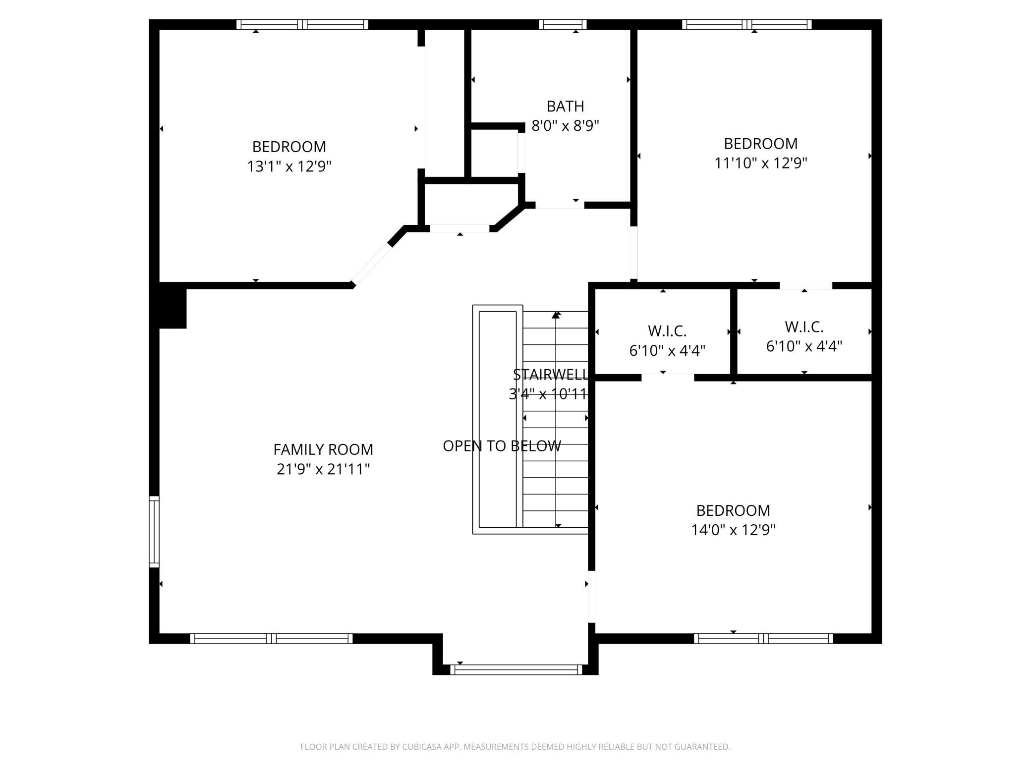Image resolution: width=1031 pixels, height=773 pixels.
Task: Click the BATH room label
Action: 565,106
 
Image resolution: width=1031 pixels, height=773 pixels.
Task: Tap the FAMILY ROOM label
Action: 323,449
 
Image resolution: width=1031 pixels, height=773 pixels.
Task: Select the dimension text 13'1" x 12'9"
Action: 289,166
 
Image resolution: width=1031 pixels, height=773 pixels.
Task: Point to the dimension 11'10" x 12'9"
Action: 761,163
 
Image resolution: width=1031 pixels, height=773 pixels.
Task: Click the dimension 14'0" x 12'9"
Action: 733,530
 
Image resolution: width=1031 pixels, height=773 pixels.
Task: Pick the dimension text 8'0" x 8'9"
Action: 565,125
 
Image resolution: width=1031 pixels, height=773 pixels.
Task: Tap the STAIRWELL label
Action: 550,374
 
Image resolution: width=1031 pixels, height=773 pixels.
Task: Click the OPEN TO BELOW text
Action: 502,446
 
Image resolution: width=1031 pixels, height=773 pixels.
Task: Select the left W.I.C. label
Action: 667,331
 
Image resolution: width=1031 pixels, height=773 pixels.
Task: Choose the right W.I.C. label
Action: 804,327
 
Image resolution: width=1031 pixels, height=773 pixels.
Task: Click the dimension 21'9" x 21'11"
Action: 323,469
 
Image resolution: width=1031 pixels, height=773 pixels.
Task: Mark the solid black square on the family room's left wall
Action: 172,308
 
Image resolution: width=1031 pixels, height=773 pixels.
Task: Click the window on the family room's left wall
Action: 154,532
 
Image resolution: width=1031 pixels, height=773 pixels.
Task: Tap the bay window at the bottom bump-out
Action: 516,670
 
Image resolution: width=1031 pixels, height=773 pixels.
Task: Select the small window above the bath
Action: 563,25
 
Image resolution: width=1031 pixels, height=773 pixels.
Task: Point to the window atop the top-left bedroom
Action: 302,25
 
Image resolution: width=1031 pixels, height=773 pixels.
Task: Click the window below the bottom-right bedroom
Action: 763,639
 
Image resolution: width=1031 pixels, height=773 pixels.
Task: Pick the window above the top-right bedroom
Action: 747,25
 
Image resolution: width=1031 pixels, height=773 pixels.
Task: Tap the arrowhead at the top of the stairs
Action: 556,314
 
